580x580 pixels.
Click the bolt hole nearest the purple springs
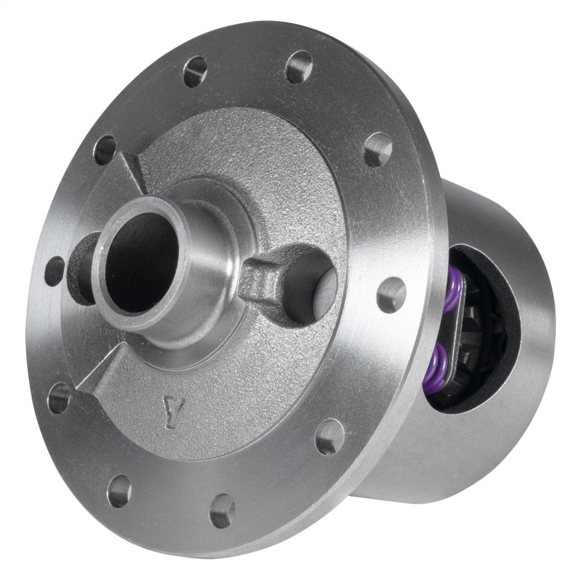[x=391, y=294]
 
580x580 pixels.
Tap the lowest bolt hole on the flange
[x=223, y=510]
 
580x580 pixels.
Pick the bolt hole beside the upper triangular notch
[x=105, y=149]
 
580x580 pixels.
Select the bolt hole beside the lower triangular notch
[x=58, y=397]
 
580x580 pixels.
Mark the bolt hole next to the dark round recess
[x=54, y=270]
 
